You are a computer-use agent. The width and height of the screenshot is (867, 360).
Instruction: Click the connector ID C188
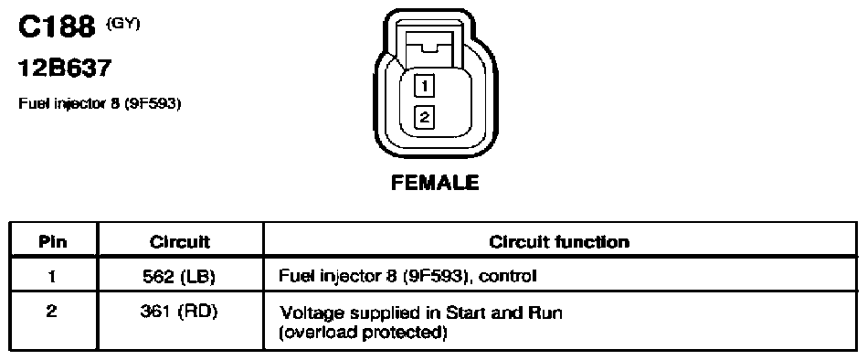click(57, 27)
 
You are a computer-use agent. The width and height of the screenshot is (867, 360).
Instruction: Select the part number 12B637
click(65, 68)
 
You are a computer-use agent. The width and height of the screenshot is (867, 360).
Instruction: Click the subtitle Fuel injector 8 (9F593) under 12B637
click(100, 103)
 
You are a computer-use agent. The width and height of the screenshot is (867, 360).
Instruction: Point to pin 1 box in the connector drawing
click(424, 86)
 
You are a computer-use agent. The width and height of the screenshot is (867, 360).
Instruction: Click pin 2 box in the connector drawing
click(424, 117)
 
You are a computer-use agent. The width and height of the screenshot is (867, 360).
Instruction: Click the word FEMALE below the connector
click(435, 183)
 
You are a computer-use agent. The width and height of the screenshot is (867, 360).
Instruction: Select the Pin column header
click(53, 241)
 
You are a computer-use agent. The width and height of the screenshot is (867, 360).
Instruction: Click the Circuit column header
click(180, 241)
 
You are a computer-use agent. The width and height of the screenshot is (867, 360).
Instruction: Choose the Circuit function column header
click(559, 241)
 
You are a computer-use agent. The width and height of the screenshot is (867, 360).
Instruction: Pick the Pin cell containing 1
click(53, 276)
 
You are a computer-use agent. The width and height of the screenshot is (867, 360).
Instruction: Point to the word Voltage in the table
click(309, 314)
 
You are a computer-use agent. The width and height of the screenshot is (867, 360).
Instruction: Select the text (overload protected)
click(364, 334)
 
